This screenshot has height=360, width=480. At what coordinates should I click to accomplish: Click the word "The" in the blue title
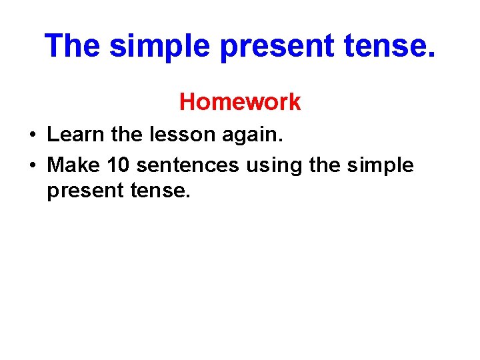[73, 46]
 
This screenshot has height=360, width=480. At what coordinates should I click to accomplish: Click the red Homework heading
[240, 102]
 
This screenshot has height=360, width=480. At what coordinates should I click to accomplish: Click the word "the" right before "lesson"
[127, 135]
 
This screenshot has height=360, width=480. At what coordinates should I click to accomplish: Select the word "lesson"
[181, 135]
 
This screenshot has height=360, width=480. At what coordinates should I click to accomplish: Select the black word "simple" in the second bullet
[381, 165]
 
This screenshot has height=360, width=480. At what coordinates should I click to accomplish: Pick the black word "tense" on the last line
[160, 192]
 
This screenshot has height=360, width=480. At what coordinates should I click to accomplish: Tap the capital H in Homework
[187, 102]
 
